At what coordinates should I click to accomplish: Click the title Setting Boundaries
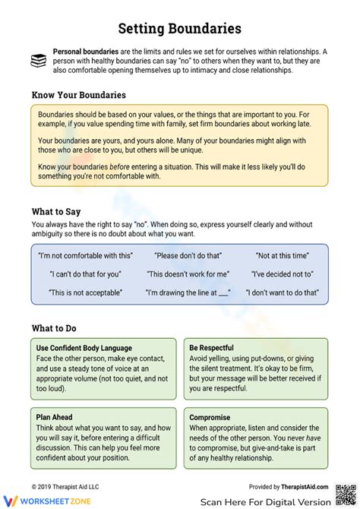click(180, 29)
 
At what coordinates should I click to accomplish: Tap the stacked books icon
click(39, 61)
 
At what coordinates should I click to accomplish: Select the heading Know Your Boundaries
click(79, 95)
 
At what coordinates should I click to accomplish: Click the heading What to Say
click(56, 211)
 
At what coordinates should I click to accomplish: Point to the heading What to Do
click(55, 328)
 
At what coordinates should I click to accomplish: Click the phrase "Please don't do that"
click(188, 257)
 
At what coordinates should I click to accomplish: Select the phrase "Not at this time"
click(282, 257)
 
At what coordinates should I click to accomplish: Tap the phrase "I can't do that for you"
click(85, 274)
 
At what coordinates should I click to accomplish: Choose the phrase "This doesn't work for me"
click(188, 274)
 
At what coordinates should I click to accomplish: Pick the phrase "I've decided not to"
click(282, 274)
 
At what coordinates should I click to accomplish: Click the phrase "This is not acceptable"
click(85, 292)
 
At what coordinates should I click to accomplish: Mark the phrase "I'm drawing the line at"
click(188, 292)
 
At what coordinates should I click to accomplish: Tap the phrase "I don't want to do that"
click(282, 292)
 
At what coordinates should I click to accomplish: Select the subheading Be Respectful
click(212, 348)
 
